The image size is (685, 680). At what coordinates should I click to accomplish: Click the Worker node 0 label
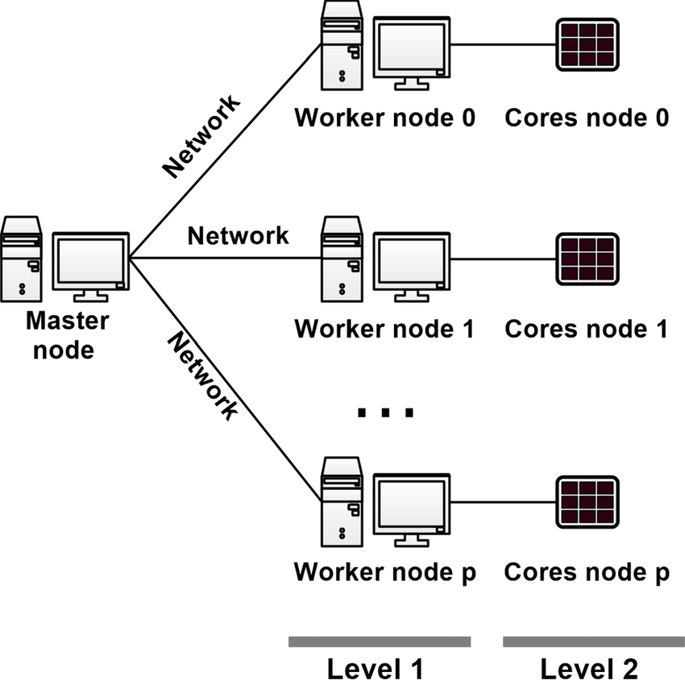385,118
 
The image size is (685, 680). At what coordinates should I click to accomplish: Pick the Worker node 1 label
385,329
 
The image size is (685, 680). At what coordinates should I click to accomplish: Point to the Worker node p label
385,572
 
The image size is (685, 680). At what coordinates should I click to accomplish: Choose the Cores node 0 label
587,118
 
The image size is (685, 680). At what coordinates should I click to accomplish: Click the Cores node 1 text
587,329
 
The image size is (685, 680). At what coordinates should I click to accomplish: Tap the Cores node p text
587,572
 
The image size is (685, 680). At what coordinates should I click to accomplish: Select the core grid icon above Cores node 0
587,44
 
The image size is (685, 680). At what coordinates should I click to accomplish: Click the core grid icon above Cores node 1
587,259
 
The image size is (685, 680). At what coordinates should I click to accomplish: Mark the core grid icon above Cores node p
587,502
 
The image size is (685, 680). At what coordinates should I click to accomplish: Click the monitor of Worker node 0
412,48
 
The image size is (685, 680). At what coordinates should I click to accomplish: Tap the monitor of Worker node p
412,504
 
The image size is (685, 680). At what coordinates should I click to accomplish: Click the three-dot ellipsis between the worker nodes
385,413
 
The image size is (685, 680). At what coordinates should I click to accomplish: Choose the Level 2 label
589,668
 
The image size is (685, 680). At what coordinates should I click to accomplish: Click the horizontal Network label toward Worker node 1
237,235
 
